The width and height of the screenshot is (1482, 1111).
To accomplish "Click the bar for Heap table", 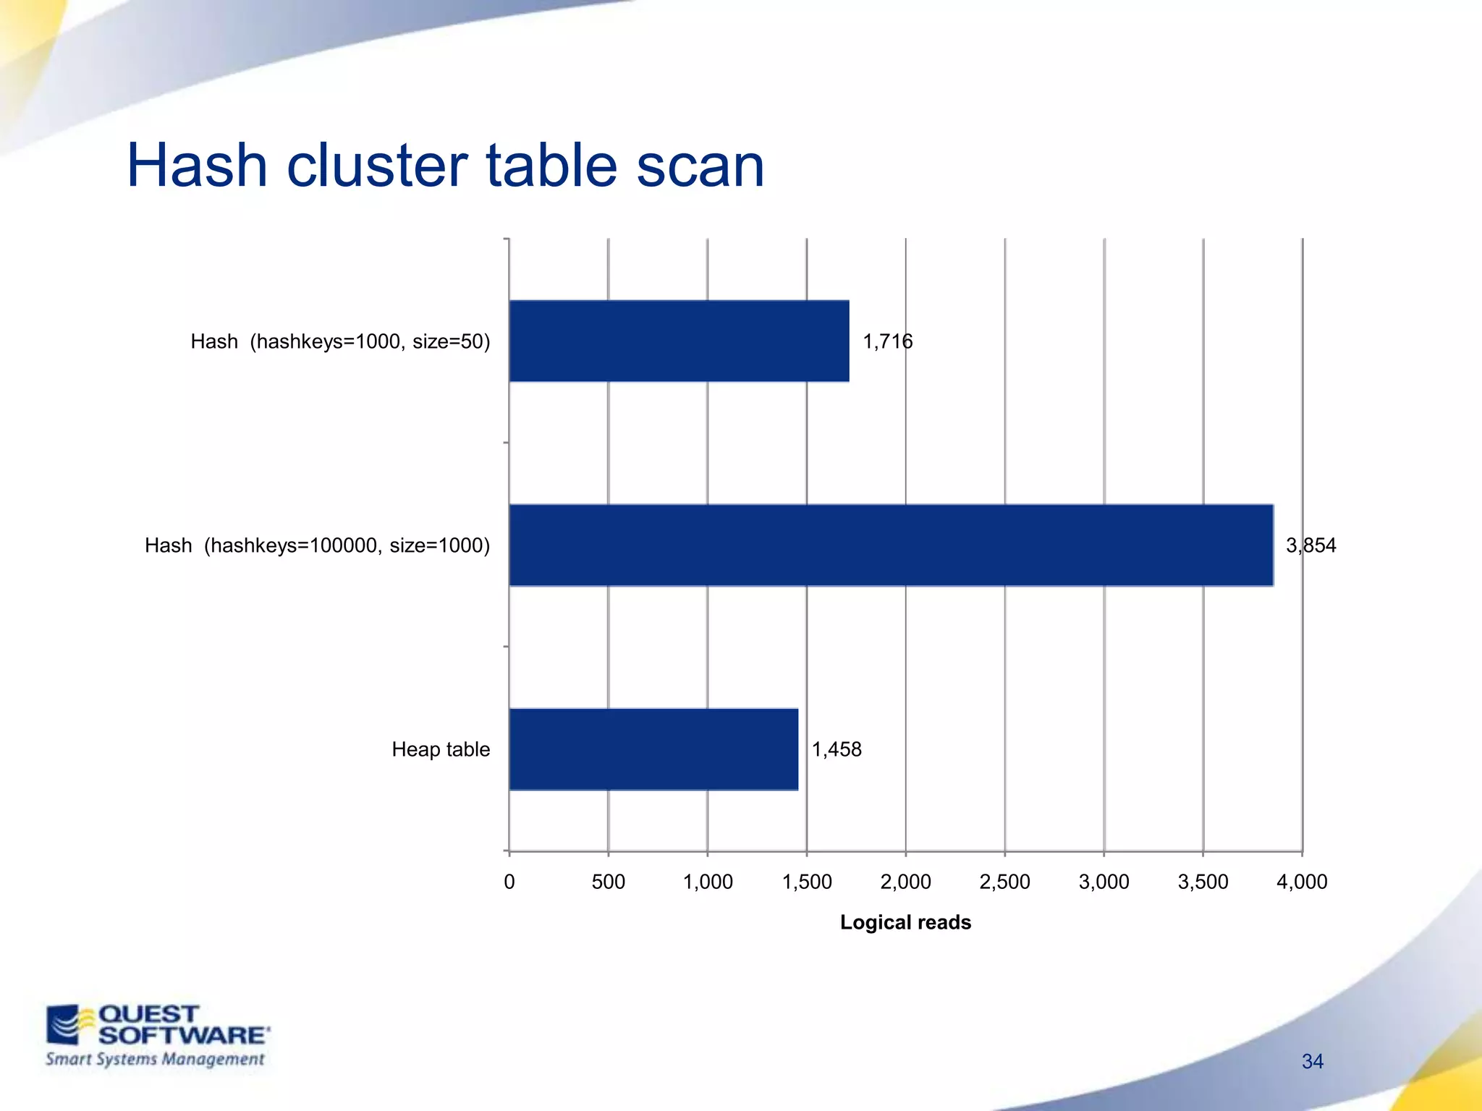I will pyautogui.click(x=653, y=749).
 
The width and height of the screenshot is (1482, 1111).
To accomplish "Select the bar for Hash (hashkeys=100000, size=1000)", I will pyautogui.click(x=891, y=545).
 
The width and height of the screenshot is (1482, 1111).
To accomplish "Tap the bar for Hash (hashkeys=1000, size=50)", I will pyautogui.click(x=679, y=341).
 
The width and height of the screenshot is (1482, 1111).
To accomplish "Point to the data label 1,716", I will pyautogui.click(x=887, y=341).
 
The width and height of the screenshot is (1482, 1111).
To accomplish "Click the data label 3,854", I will pyautogui.click(x=1310, y=545).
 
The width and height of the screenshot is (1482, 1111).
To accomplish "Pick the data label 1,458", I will pyautogui.click(x=837, y=749).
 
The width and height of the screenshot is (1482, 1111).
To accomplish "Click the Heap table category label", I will pyautogui.click(x=441, y=749).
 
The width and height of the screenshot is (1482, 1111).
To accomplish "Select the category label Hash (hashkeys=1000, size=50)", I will pyautogui.click(x=340, y=341).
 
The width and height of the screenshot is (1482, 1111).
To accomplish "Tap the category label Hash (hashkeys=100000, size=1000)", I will pyautogui.click(x=317, y=545).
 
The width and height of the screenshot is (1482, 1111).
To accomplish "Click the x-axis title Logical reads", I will pyautogui.click(x=905, y=922).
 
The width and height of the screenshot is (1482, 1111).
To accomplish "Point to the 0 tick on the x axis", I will pyautogui.click(x=509, y=882).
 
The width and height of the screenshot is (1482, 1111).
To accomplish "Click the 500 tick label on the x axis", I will pyautogui.click(x=608, y=882).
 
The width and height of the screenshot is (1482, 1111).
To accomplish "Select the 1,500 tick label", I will pyautogui.click(x=807, y=882).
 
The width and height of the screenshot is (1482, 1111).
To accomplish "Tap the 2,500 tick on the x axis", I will pyautogui.click(x=1004, y=882).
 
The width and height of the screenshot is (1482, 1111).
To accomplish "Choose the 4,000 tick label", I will pyautogui.click(x=1302, y=882).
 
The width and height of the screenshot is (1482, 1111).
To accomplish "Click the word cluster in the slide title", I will pyautogui.click(x=378, y=166).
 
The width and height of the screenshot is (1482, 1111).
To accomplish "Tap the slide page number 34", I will pyautogui.click(x=1312, y=1061).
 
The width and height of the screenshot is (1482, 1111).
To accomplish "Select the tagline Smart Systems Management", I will pyautogui.click(x=155, y=1060).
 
